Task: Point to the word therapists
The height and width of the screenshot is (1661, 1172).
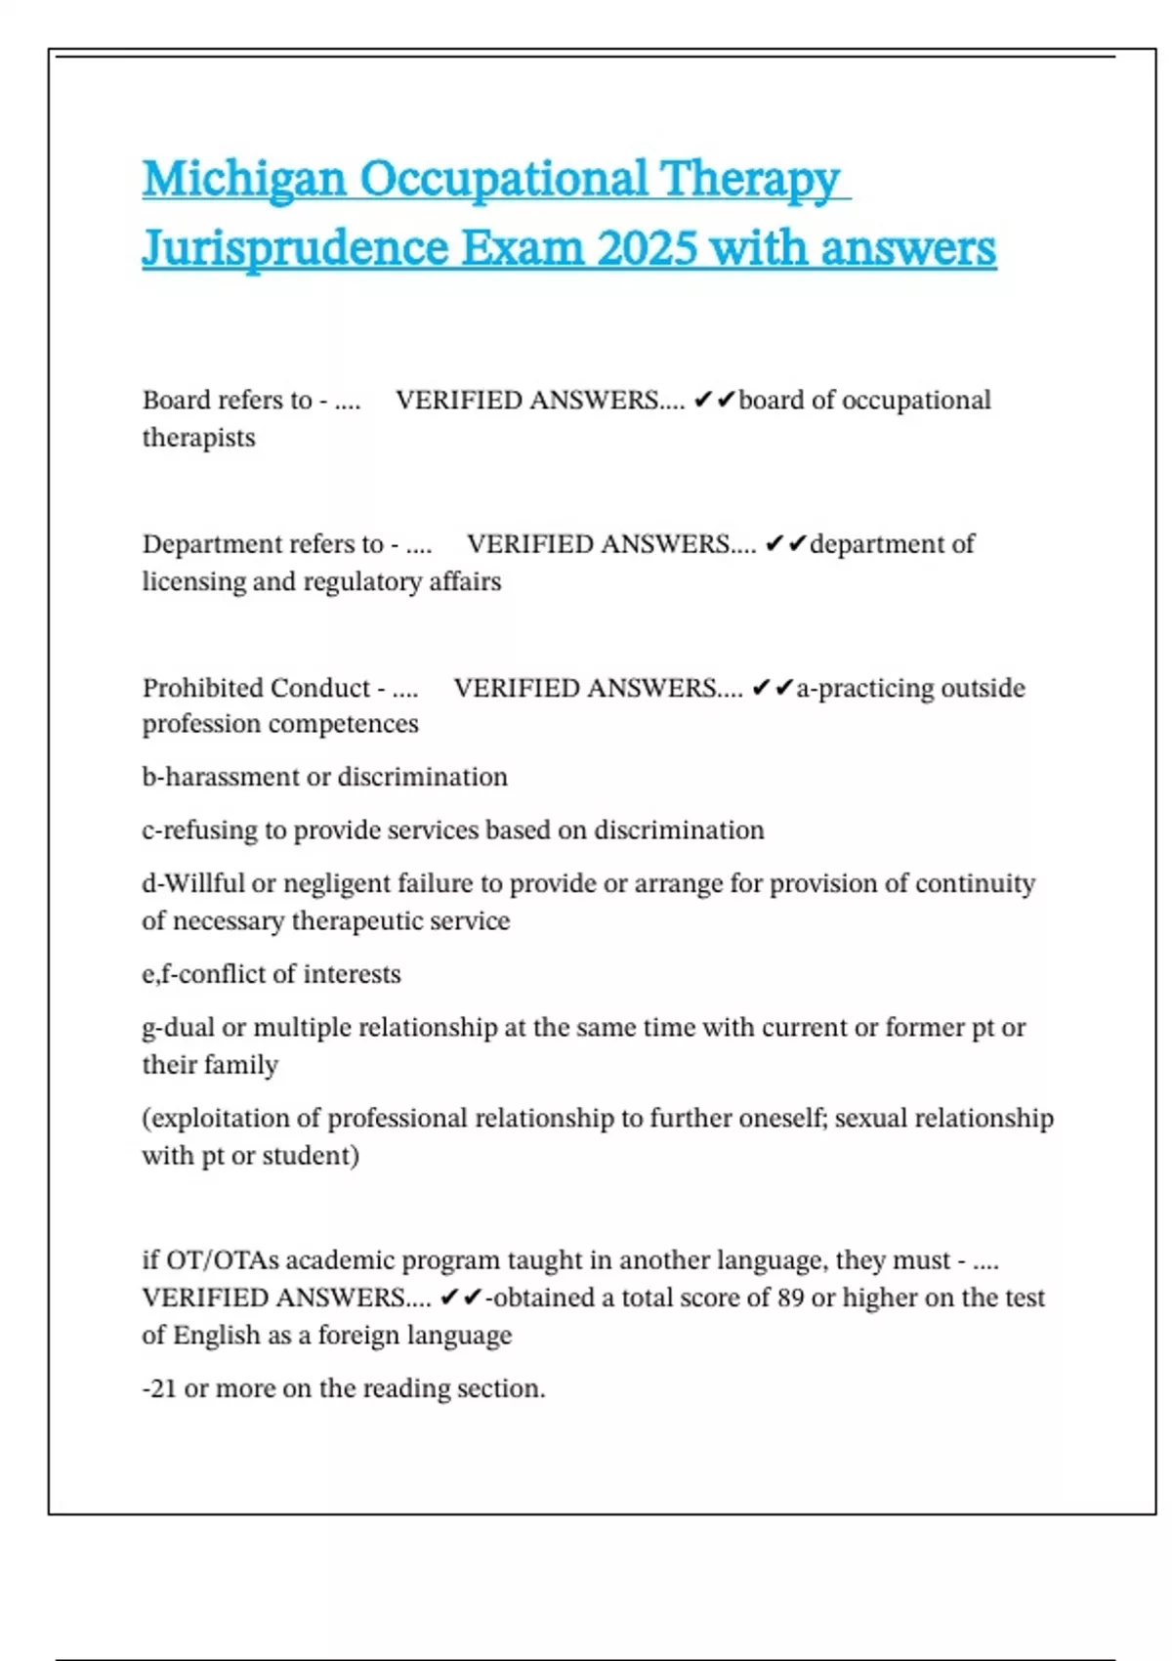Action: pos(198,438)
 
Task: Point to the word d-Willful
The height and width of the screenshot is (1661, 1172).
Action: pos(193,883)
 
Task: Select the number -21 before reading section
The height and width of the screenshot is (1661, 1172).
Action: pos(159,1388)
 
